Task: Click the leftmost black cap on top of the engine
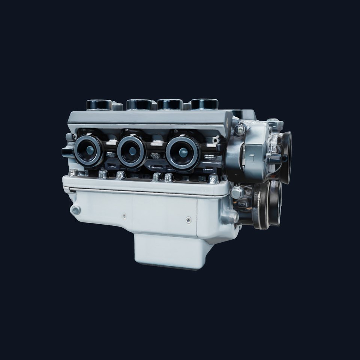point(99,104)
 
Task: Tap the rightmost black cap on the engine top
point(205,104)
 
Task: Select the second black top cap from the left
point(139,104)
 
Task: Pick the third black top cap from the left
point(170,104)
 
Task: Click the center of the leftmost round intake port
point(89,150)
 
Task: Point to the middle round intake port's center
point(132,151)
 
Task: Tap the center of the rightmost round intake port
point(183,152)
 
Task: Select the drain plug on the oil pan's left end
point(75,210)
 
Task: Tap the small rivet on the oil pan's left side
point(124,216)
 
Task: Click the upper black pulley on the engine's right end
point(285,157)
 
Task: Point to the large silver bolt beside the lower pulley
point(237,193)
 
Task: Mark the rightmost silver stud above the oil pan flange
point(213,179)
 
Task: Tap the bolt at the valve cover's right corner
point(240,130)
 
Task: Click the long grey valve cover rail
point(150,118)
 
